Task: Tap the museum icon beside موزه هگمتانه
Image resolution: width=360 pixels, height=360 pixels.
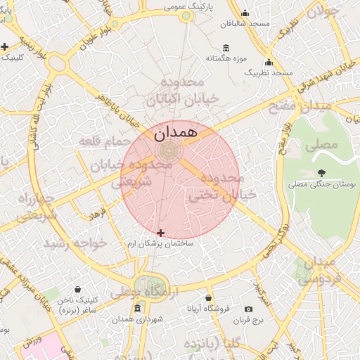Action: [226, 48]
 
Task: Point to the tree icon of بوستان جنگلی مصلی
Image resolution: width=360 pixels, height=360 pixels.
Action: [321, 172]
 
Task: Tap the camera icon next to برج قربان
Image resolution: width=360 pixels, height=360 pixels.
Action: [248, 309]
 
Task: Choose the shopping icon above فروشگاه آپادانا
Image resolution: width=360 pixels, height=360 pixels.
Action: [208, 298]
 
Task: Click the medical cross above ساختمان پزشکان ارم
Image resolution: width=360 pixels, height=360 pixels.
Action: [161, 233]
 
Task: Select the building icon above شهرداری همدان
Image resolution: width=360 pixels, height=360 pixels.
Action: [137, 309]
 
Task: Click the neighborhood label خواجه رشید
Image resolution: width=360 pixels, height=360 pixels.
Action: [75, 243]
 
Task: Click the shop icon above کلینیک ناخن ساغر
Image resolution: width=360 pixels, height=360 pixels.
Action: [77, 288]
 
